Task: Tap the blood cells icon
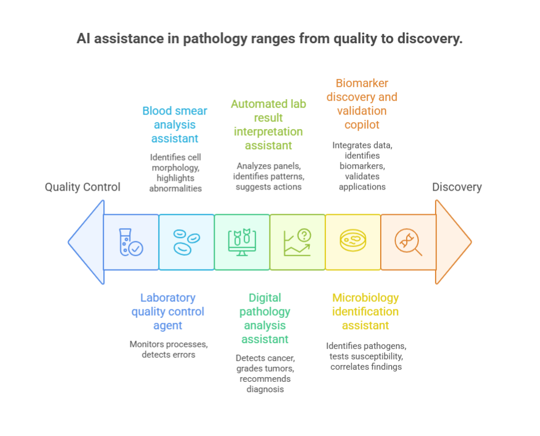(x=186, y=242)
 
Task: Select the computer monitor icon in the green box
(x=242, y=242)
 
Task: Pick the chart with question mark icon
(x=297, y=242)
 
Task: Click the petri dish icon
(x=352, y=242)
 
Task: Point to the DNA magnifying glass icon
(x=408, y=242)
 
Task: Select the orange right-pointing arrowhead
(x=453, y=242)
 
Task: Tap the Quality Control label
(x=82, y=187)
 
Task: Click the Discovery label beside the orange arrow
(x=457, y=187)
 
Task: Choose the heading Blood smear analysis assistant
(x=175, y=124)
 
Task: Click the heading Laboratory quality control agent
(x=168, y=312)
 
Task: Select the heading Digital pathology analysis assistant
(x=265, y=319)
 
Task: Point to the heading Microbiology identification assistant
(x=365, y=312)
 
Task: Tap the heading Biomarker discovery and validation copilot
(x=362, y=104)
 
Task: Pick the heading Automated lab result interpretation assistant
(x=268, y=124)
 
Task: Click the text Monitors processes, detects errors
(x=168, y=350)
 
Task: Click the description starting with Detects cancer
(x=265, y=373)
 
